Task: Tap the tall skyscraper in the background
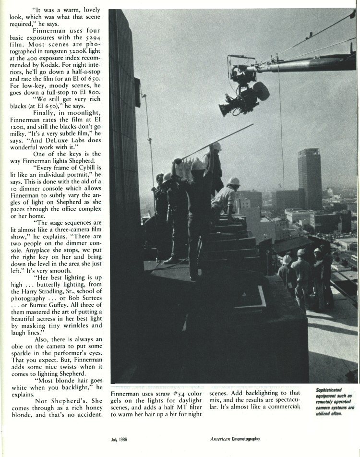click(309, 178)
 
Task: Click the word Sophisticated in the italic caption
click(328, 390)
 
